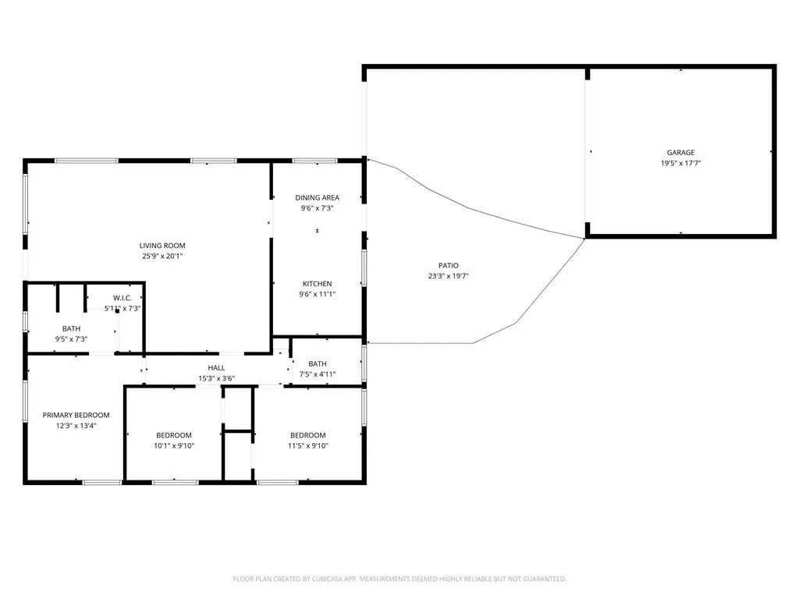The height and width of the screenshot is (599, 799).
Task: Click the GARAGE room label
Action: point(680,153)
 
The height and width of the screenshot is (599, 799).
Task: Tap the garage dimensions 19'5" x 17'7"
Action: point(680,164)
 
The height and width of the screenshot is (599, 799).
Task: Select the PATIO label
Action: point(448,266)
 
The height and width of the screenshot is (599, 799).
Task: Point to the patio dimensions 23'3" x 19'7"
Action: point(448,276)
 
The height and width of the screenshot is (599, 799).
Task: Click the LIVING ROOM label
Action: point(162,246)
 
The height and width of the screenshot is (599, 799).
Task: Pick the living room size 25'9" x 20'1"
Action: point(162,256)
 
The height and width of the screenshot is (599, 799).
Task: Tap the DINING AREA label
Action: point(317,198)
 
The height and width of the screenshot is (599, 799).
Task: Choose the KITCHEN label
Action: point(317,284)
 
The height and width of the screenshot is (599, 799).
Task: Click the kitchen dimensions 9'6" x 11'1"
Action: point(317,295)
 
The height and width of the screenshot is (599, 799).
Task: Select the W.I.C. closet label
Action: point(127,298)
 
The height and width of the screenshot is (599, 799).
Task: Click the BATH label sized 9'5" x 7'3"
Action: point(71,329)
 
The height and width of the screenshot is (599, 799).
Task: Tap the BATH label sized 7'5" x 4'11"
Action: point(318,364)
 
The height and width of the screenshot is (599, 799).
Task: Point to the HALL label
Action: point(216,368)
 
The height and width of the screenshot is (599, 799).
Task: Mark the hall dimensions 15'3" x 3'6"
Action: point(216,379)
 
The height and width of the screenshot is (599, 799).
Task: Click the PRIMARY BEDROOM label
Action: point(76,416)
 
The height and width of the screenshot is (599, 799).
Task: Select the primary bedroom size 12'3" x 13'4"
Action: point(76,426)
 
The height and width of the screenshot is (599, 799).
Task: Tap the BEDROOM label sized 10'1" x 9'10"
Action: point(173,435)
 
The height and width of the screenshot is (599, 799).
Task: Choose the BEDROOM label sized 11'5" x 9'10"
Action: point(308,435)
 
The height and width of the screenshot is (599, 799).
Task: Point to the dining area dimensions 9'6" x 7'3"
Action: point(317,209)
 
